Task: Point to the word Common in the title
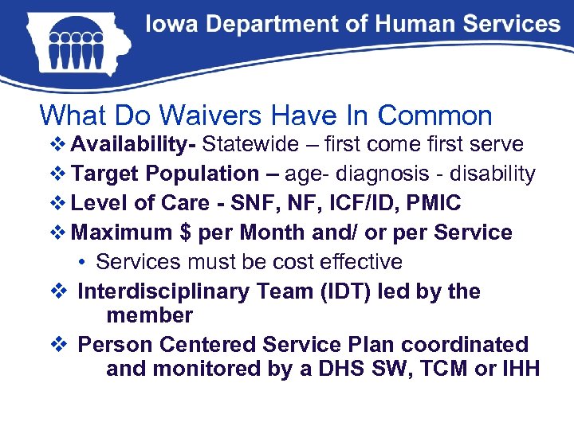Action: click(x=435, y=115)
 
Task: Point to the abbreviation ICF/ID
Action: click(x=360, y=203)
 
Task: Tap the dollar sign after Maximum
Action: click(x=183, y=233)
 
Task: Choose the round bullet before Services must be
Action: click(x=83, y=263)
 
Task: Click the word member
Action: click(x=149, y=315)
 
